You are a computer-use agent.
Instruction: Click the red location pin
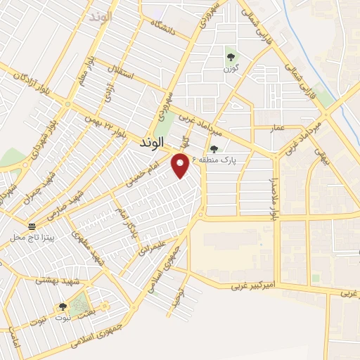[x=181, y=165]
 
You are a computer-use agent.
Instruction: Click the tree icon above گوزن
[x=230, y=57]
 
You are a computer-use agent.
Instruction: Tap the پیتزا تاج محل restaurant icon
[x=32, y=226]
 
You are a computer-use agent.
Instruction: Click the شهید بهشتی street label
[x=58, y=281]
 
